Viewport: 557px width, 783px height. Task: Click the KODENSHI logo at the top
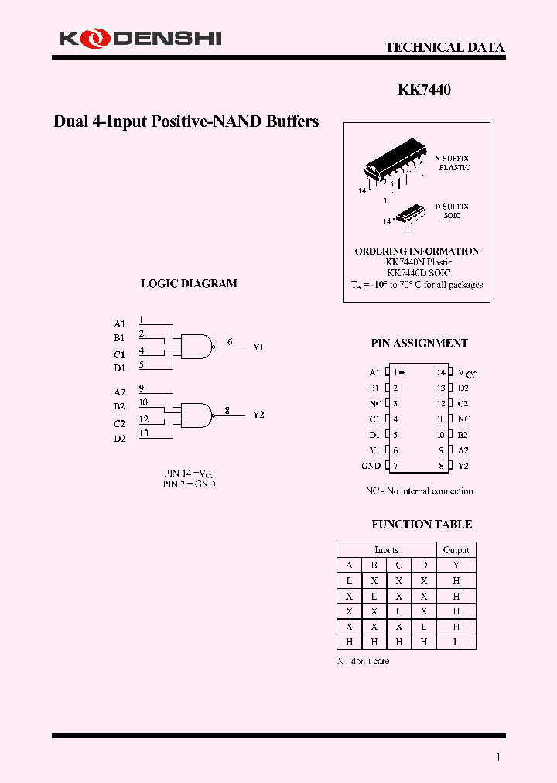139,36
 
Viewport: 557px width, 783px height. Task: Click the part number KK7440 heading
424,90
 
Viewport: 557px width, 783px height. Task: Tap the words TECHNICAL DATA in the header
445,47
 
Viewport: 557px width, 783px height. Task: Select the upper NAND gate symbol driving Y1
196,346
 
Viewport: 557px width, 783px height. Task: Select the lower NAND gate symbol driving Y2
196,415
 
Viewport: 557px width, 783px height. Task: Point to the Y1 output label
258,347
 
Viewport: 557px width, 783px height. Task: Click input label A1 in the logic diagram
119,324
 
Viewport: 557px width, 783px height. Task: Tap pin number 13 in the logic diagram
144,433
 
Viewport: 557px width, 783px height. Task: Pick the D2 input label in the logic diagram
119,439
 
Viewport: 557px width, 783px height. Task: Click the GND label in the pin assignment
371,466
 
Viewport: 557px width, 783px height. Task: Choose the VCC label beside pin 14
467,373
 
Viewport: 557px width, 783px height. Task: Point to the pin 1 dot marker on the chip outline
402,373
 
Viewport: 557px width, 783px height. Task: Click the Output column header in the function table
456,549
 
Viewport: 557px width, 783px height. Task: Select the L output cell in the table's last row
456,642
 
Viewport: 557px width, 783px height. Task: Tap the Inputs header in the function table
386,549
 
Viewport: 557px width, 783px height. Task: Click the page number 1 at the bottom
498,757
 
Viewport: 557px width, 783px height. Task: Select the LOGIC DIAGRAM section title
189,283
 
